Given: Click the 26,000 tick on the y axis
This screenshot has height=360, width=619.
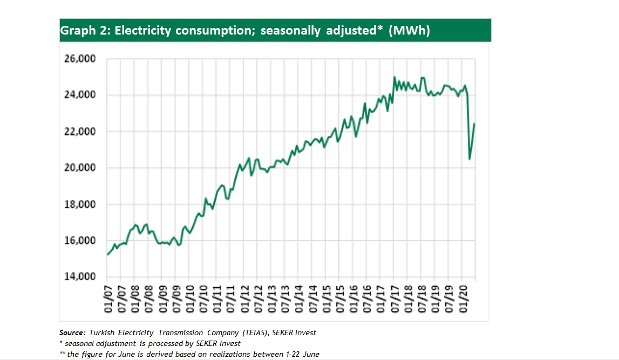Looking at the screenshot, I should point(80,58).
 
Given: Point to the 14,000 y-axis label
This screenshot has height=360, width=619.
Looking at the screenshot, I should point(80,277).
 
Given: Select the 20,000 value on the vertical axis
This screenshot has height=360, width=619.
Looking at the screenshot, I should point(80,168).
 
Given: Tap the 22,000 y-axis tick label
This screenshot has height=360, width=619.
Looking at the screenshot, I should point(80,132).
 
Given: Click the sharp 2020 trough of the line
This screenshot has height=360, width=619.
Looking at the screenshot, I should point(470,159).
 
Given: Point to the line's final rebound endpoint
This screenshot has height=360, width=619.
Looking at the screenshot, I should point(474,124).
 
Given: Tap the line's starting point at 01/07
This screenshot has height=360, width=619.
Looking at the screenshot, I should point(108,254).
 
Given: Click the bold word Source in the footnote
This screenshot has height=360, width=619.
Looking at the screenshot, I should point(72,332).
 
